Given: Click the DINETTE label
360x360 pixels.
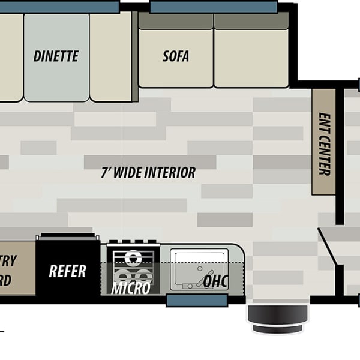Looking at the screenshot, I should (56, 56).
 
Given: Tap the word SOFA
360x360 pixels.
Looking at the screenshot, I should (176, 56).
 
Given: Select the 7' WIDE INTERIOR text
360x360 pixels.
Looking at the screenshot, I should (148, 173).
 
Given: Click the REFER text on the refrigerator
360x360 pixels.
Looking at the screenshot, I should (67, 271).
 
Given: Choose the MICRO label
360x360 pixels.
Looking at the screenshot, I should (131, 289).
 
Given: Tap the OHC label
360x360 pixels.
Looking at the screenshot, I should (216, 281).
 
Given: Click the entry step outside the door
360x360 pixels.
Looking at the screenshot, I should (278, 319).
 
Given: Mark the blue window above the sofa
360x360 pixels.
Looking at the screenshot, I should (213, 7).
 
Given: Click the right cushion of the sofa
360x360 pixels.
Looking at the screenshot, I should (251, 57).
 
